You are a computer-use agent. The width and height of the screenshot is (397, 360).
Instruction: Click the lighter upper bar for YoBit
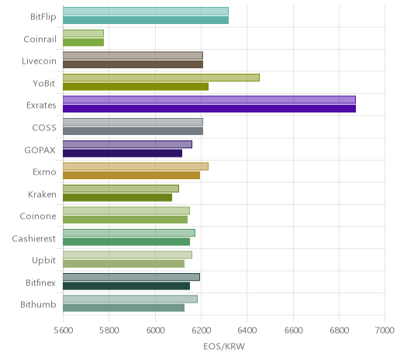(161, 78)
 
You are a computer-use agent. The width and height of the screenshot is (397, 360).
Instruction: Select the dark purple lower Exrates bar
(209, 109)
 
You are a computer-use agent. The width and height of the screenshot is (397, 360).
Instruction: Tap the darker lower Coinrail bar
(83, 42)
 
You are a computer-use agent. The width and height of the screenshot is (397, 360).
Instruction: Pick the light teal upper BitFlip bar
(146, 11)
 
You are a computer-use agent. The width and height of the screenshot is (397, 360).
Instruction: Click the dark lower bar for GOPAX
(123, 153)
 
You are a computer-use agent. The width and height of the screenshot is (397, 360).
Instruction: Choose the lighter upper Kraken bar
(121, 189)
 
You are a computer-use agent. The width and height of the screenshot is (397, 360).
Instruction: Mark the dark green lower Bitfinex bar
(126, 286)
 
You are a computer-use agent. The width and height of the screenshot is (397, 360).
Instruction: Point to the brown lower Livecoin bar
(133, 64)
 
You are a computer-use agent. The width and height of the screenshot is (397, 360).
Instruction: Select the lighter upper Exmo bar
(136, 166)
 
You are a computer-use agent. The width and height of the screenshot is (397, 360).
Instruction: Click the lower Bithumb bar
(123, 308)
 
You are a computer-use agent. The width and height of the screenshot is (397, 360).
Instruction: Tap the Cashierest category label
(34, 238)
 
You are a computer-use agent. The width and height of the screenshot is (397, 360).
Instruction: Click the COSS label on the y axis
(44, 128)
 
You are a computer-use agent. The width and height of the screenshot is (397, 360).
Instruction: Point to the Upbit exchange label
(43, 261)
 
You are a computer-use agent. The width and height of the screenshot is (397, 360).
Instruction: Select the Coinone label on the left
(38, 216)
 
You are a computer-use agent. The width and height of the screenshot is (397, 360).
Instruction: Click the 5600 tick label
(63, 331)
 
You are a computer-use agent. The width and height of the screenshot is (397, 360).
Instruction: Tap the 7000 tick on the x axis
(385, 331)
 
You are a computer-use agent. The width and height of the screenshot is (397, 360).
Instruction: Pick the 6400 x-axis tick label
(247, 331)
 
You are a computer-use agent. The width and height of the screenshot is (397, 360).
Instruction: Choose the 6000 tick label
(155, 331)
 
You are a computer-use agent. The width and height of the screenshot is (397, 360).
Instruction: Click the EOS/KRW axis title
(224, 347)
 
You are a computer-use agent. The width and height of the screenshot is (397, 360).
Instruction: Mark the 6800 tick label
(339, 331)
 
